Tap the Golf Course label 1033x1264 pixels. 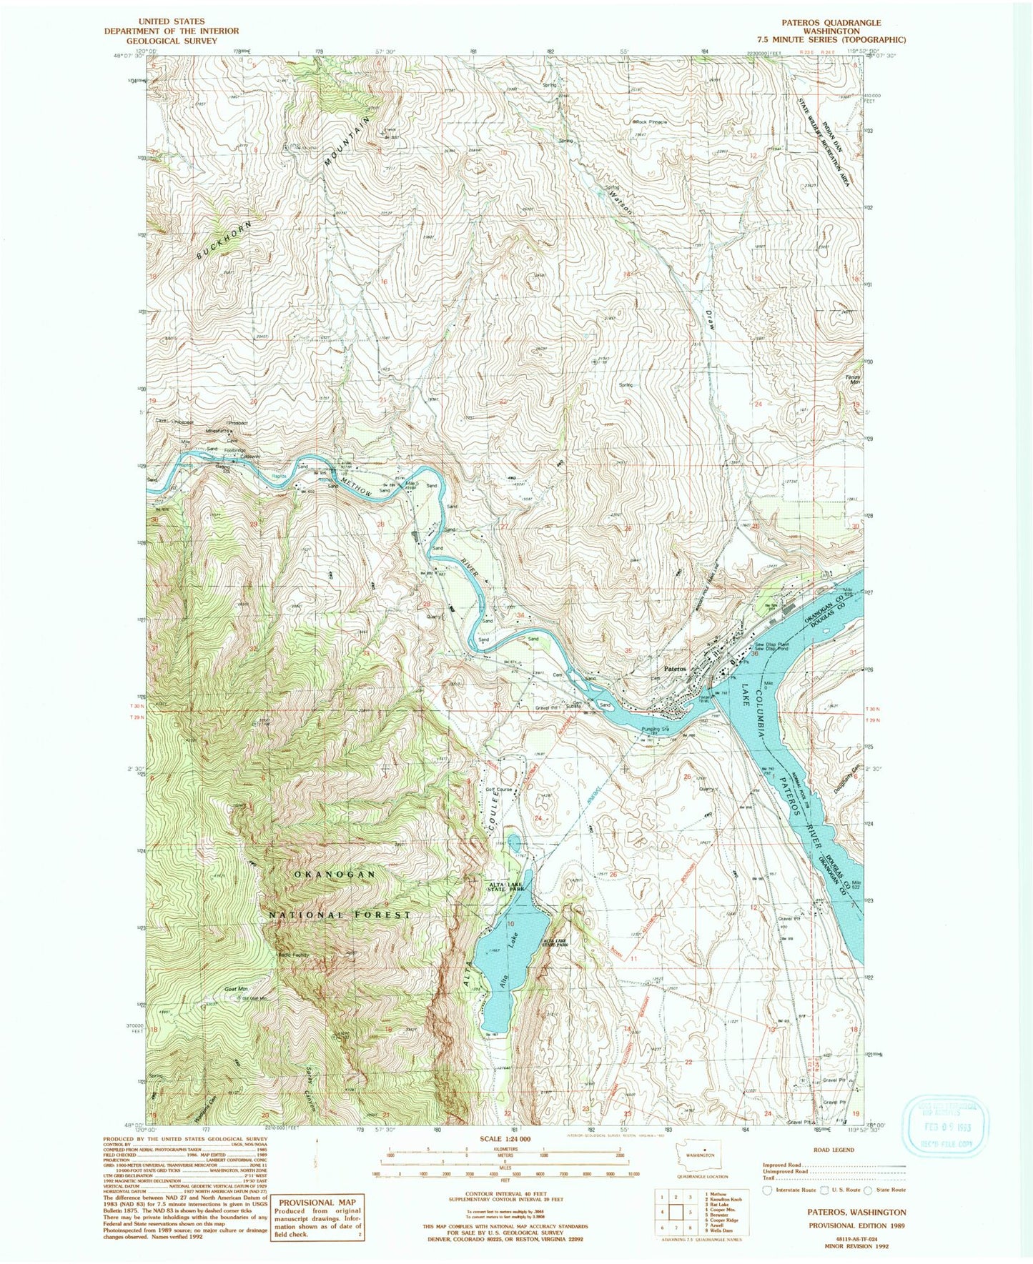pos(500,790)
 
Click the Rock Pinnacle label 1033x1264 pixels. pos(652,122)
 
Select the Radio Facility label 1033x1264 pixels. pos(292,955)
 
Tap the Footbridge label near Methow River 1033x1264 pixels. pos(235,450)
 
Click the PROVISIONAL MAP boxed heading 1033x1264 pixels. pos(316,1203)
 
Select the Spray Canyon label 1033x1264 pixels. pos(315,1103)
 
